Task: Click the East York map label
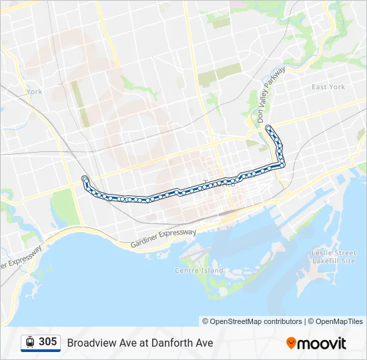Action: pos(328,87)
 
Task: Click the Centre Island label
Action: pos(199,270)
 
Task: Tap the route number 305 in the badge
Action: pos(47,342)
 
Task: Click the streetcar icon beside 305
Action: pos(30,342)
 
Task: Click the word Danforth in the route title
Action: pos(171,343)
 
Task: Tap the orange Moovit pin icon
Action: pos(291,343)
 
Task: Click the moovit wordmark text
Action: pos(322,343)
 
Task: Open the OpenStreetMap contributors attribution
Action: pos(256,321)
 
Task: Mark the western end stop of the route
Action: pos(84,178)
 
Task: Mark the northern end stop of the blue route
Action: pos(268,127)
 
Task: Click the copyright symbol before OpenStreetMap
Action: pos(206,321)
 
